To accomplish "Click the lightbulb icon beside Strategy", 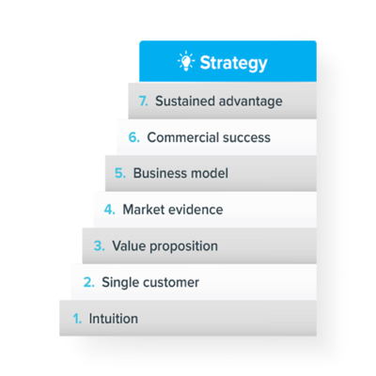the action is [186, 61].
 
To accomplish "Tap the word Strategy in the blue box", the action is [234, 64].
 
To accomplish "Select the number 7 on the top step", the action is [143, 102].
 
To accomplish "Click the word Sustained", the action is [185, 102].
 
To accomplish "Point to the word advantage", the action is [251, 102].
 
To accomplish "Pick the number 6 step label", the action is [134, 137].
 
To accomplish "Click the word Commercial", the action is [179, 137].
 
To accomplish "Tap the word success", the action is [243, 138].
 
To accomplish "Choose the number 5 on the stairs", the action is [120, 173].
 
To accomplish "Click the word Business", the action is [160, 173].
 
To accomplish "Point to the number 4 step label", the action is [110, 210].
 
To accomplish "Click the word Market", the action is [142, 210].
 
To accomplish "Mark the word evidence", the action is [194, 210].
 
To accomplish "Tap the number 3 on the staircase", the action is [100, 245].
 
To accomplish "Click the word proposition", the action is [183, 246].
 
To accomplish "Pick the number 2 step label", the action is [89, 282].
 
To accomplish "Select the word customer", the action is [171, 283].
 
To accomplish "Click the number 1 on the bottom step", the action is [77, 319].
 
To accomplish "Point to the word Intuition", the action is [114, 319].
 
